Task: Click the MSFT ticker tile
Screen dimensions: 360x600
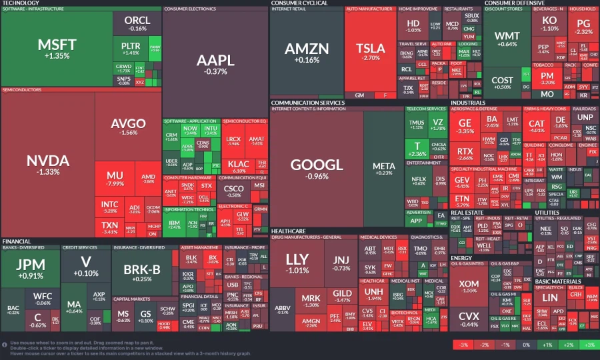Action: (57, 48)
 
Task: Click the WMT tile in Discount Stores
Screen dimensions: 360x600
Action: (507, 39)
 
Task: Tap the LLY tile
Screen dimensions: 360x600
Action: (297, 263)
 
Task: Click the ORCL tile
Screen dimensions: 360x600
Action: (137, 23)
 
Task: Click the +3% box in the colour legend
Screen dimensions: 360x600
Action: (588, 345)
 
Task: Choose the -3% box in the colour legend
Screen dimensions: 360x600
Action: (461, 345)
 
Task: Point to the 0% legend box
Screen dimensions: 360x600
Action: (525, 345)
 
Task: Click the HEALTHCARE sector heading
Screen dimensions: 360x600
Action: (289, 230)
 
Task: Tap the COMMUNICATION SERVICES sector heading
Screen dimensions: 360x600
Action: (307, 103)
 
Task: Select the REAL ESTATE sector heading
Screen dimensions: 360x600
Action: (467, 213)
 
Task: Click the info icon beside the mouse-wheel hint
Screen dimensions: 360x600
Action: (5, 345)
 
